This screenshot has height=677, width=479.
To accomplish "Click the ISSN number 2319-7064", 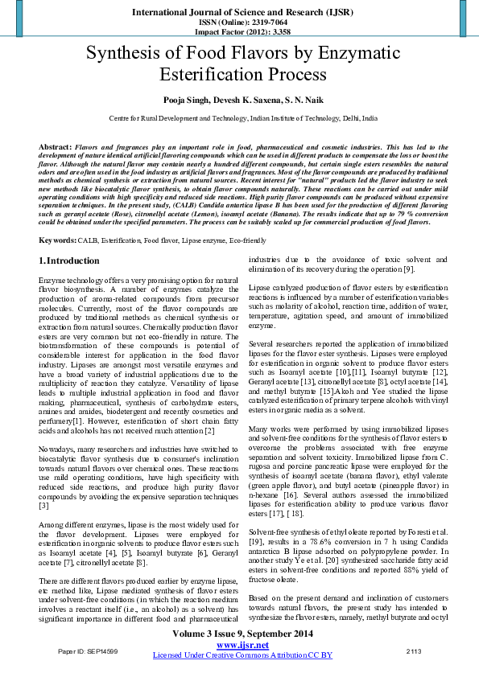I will (x=254, y=23).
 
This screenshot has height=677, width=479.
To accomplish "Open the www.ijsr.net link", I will (x=242, y=645).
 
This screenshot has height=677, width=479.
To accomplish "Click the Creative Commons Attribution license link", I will (x=242, y=655).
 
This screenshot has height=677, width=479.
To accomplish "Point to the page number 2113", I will (x=414, y=650).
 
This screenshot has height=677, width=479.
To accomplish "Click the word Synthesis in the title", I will (x=123, y=55).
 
